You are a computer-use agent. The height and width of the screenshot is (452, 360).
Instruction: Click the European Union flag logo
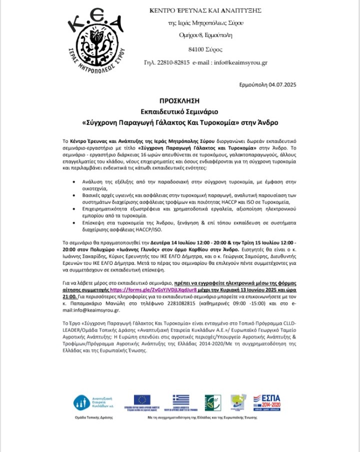(x=142, y=399)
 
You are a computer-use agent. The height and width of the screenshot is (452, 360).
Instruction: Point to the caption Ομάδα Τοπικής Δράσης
(x=93, y=416)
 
